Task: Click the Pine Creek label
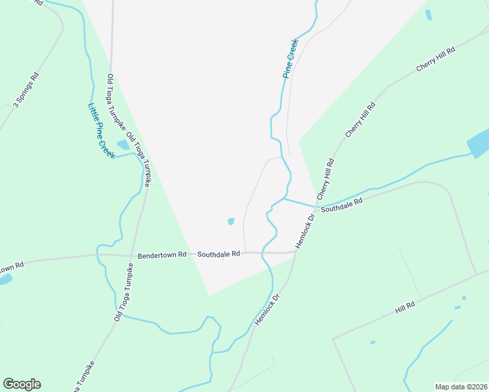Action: (290, 58)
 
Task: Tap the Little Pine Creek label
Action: (101, 131)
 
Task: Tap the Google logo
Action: (22, 384)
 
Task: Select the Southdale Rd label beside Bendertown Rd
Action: (219, 253)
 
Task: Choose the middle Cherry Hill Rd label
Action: (361, 119)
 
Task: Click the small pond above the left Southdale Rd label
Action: (231, 221)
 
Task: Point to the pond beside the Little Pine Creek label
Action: (123, 145)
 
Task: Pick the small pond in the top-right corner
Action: (428, 14)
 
